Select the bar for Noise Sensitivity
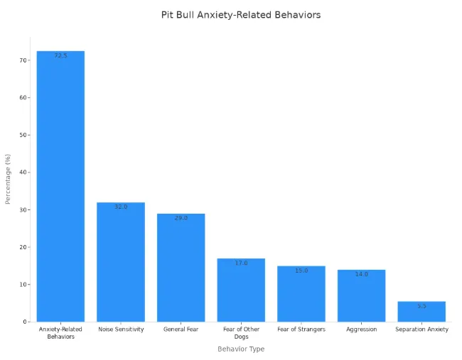point(121,262)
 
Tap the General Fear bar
point(181,268)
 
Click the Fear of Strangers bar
point(301,294)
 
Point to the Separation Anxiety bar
point(421,312)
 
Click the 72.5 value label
point(60,55)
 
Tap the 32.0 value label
point(121,207)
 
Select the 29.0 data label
point(181,218)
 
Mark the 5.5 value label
point(421,306)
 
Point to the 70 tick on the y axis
point(23,60)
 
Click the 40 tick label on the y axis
point(23,173)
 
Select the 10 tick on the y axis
point(23,285)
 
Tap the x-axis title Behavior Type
point(241,349)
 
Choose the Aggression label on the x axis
point(361,329)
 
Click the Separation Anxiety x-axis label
point(421,329)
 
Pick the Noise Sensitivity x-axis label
point(121,329)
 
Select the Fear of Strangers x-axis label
point(301,329)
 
